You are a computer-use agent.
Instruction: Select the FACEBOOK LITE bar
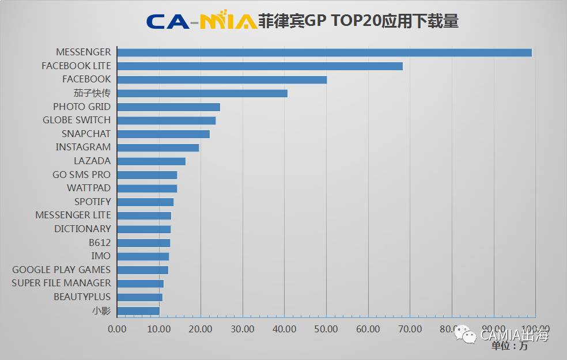(259, 66)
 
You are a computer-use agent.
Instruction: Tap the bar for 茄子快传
(202, 93)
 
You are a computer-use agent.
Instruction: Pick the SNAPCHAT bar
(163, 134)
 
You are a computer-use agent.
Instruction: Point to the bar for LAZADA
(151, 161)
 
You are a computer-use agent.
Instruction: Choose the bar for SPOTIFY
(145, 202)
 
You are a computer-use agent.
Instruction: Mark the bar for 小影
(138, 311)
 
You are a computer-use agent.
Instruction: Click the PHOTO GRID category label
(81, 107)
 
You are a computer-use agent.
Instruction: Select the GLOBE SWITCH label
(76, 120)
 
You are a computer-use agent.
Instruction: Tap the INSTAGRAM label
(83, 147)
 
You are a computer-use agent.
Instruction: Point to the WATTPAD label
(89, 188)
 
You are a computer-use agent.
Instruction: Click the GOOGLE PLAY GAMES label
(61, 270)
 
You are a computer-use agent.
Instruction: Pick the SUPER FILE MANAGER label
(61, 283)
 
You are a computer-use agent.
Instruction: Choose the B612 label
(100, 242)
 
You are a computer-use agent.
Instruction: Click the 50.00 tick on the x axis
(326, 329)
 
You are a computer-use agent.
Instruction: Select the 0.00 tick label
(117, 329)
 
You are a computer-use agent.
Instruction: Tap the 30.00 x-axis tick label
(243, 329)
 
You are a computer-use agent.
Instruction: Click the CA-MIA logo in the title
(201, 21)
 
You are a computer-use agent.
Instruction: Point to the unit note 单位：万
(509, 347)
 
